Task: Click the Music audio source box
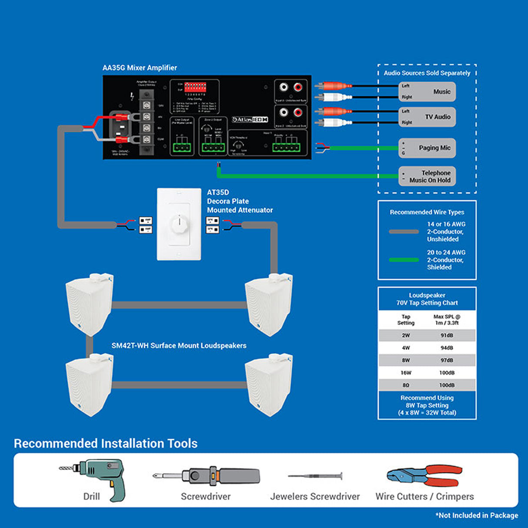coord(427,92)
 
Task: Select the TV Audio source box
coord(427,117)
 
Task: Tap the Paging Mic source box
coord(427,148)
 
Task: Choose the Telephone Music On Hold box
coord(427,176)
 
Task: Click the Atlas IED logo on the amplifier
coord(250,120)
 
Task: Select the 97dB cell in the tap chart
coord(446,360)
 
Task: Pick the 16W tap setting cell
coord(405,373)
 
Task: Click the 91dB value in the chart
coord(446,335)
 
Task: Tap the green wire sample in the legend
coord(404,260)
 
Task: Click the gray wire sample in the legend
coord(404,232)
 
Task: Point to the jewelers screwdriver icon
coord(315,476)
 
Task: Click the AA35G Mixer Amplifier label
coord(140,68)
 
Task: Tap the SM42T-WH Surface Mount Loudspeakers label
coord(179,346)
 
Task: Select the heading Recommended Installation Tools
coord(106,444)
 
